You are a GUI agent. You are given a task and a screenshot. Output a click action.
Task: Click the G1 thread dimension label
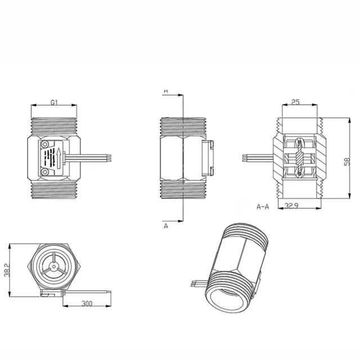click(x=53, y=102)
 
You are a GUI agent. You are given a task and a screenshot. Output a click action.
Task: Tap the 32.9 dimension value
click(x=291, y=206)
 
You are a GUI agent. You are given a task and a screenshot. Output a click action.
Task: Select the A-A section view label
click(x=262, y=206)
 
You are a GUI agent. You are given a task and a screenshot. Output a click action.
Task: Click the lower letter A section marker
click(x=165, y=226)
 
